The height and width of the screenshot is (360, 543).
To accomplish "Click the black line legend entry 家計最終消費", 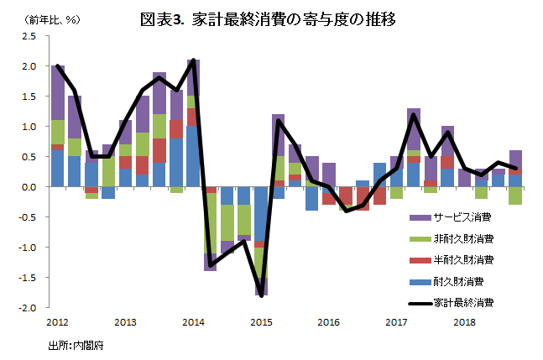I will click(458, 302).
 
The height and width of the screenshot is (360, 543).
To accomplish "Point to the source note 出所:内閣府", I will click(76, 344).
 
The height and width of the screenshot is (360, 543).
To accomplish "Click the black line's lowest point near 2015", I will click(262, 295).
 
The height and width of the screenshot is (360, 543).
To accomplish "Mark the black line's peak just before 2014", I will click(194, 60).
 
